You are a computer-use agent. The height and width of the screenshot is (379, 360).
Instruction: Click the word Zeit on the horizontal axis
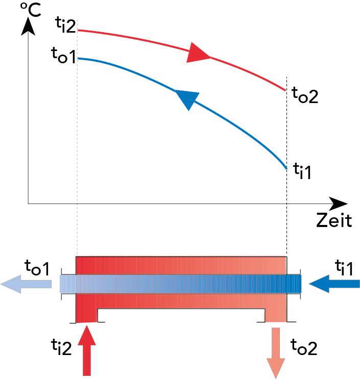[333, 220]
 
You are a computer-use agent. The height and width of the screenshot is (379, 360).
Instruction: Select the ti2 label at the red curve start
[65, 25]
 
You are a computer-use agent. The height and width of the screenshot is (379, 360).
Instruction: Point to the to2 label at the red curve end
[305, 95]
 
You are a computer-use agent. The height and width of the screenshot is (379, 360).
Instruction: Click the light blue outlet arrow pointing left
[26, 284]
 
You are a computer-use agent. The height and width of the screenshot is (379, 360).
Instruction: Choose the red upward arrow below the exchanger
[87, 350]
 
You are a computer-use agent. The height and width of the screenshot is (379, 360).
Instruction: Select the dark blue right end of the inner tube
[294, 284]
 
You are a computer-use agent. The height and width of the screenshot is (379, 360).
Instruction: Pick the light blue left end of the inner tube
[67, 284]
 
